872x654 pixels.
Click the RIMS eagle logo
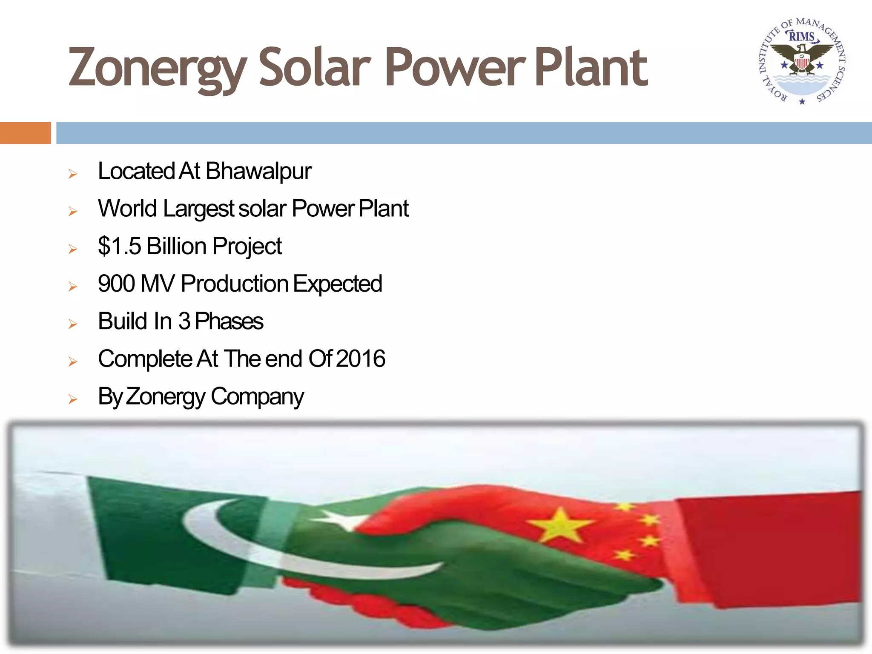click(x=802, y=61)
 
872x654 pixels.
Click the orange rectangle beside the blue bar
click(x=25, y=133)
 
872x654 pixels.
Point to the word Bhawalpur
click(x=258, y=172)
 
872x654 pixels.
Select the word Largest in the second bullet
click(x=198, y=209)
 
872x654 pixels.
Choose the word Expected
click(x=338, y=284)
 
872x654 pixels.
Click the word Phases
click(x=229, y=321)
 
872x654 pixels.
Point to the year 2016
click(x=361, y=359)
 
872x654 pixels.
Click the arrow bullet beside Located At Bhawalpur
click(x=73, y=174)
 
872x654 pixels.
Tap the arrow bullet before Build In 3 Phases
click(x=73, y=324)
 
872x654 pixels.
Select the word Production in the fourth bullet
click(x=235, y=284)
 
